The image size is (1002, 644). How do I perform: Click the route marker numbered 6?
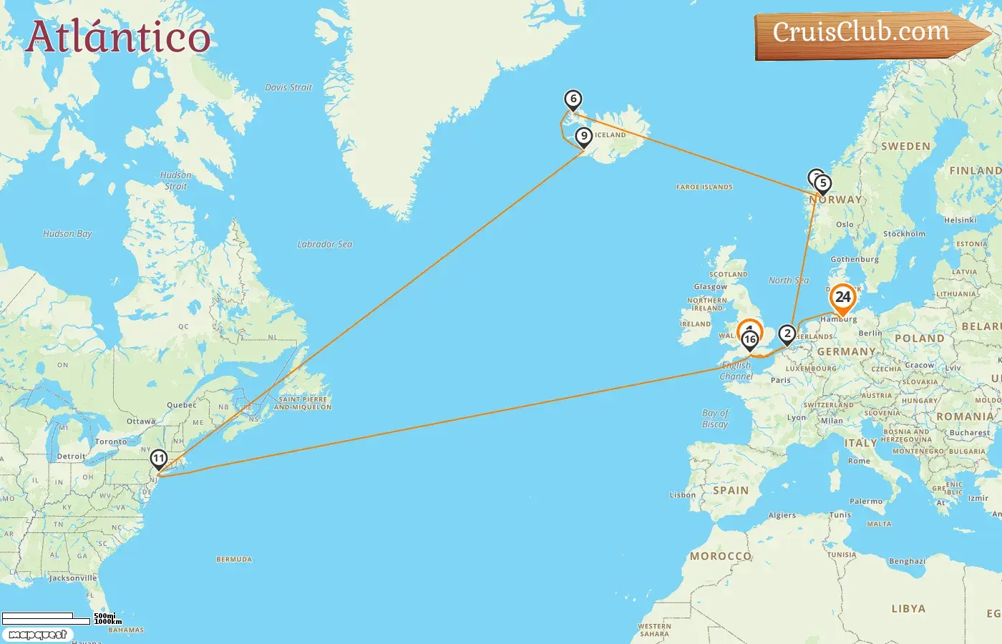pyautogui.click(x=573, y=99)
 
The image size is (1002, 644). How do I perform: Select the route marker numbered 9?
pyautogui.click(x=584, y=136)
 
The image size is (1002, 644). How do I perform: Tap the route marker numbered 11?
pyautogui.click(x=158, y=459)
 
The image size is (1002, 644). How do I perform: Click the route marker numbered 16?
pyautogui.click(x=749, y=339)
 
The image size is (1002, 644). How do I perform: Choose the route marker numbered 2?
pyautogui.click(x=787, y=333)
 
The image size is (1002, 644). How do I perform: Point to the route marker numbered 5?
pyautogui.click(x=823, y=184)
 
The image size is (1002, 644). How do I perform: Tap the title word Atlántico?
pyautogui.click(x=118, y=37)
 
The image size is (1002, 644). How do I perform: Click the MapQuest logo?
pyautogui.click(x=37, y=635)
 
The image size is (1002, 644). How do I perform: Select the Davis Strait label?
pyautogui.click(x=288, y=87)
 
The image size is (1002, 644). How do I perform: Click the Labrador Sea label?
pyautogui.click(x=325, y=244)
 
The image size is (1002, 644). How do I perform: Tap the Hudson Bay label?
pyautogui.click(x=67, y=233)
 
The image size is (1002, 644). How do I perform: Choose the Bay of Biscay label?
pyautogui.click(x=715, y=419)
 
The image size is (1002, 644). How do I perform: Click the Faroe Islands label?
pyautogui.click(x=704, y=187)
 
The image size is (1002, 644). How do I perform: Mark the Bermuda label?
pyautogui.click(x=234, y=560)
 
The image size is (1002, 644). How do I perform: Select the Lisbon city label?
pyautogui.click(x=682, y=494)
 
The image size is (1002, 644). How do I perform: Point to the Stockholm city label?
pyautogui.click(x=904, y=234)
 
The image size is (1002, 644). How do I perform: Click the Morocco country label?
pyautogui.click(x=721, y=556)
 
